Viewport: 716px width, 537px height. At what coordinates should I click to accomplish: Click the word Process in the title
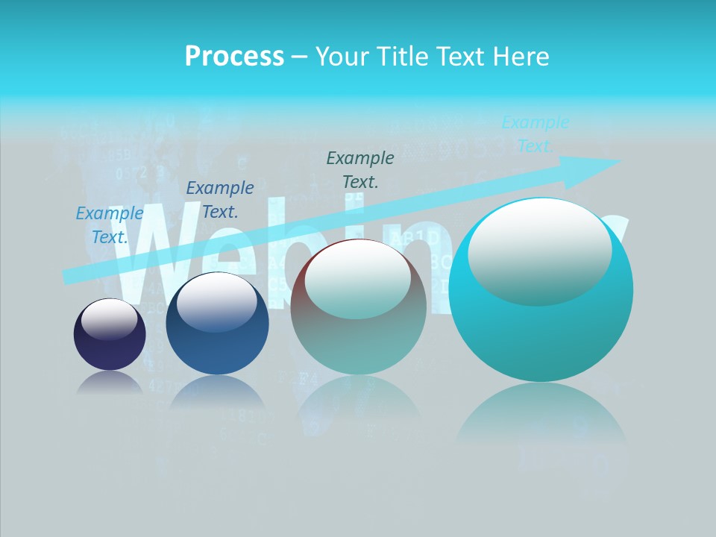(234, 57)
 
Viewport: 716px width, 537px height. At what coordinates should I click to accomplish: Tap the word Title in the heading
(403, 57)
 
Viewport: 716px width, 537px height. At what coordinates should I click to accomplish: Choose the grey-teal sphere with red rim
(359, 307)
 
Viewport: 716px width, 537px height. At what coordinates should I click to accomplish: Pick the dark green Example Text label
(360, 169)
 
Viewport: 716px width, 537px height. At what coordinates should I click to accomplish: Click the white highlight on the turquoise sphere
(539, 252)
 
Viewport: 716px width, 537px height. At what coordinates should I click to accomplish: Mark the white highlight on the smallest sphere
(110, 319)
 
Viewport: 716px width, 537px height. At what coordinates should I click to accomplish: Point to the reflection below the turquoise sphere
(541, 418)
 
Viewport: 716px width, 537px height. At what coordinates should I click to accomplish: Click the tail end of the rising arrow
(69, 276)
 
